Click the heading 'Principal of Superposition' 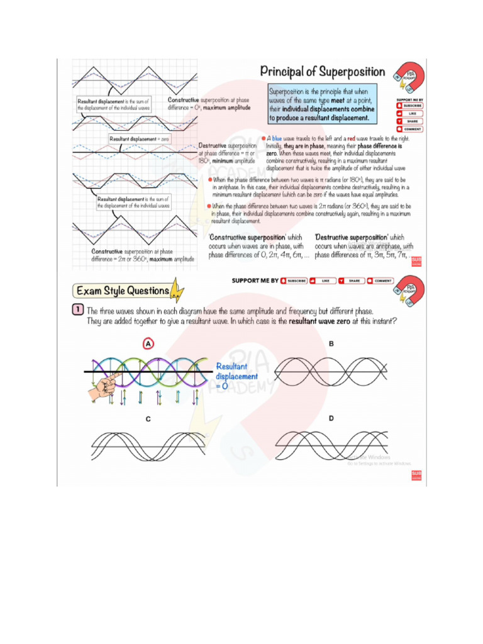point(323,72)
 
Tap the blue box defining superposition point(322,104)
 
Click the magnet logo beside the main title point(407,77)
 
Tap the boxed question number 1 point(77,311)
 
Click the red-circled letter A point(148,344)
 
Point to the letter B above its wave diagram point(331,343)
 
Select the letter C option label point(148,419)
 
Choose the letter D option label point(331,418)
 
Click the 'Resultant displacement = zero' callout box point(139,139)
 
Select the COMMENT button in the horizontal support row point(380,280)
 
